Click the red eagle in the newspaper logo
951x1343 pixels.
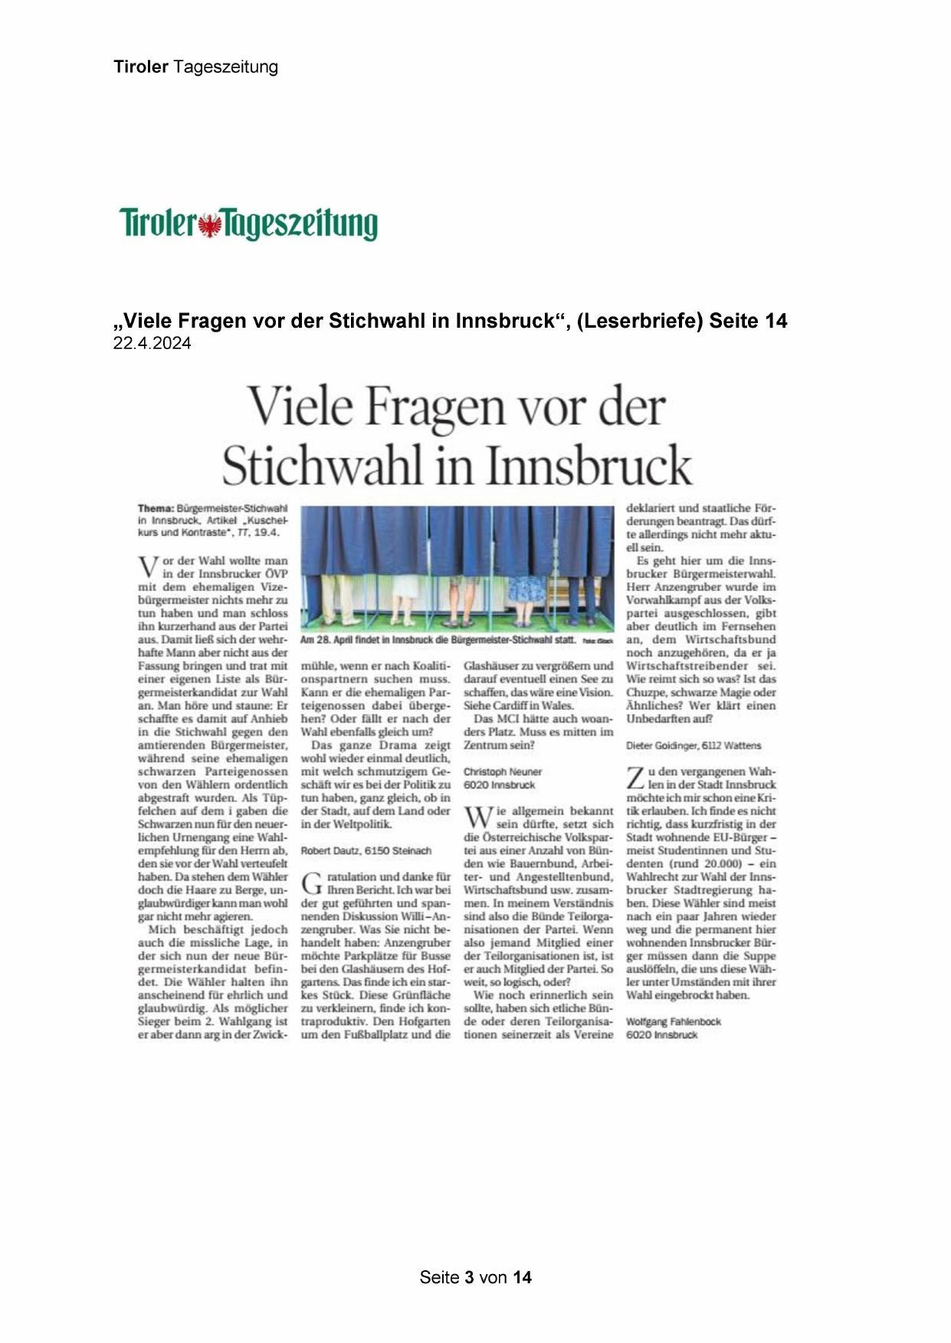209,225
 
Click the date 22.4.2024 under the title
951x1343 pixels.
152,344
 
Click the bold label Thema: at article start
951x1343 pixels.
156,508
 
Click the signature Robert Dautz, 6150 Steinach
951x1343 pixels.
366,851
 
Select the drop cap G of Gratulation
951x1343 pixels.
311,883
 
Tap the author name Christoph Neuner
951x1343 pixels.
502,772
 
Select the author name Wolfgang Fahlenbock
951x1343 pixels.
673,1021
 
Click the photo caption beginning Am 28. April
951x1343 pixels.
437,639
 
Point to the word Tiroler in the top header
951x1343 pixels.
141,67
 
